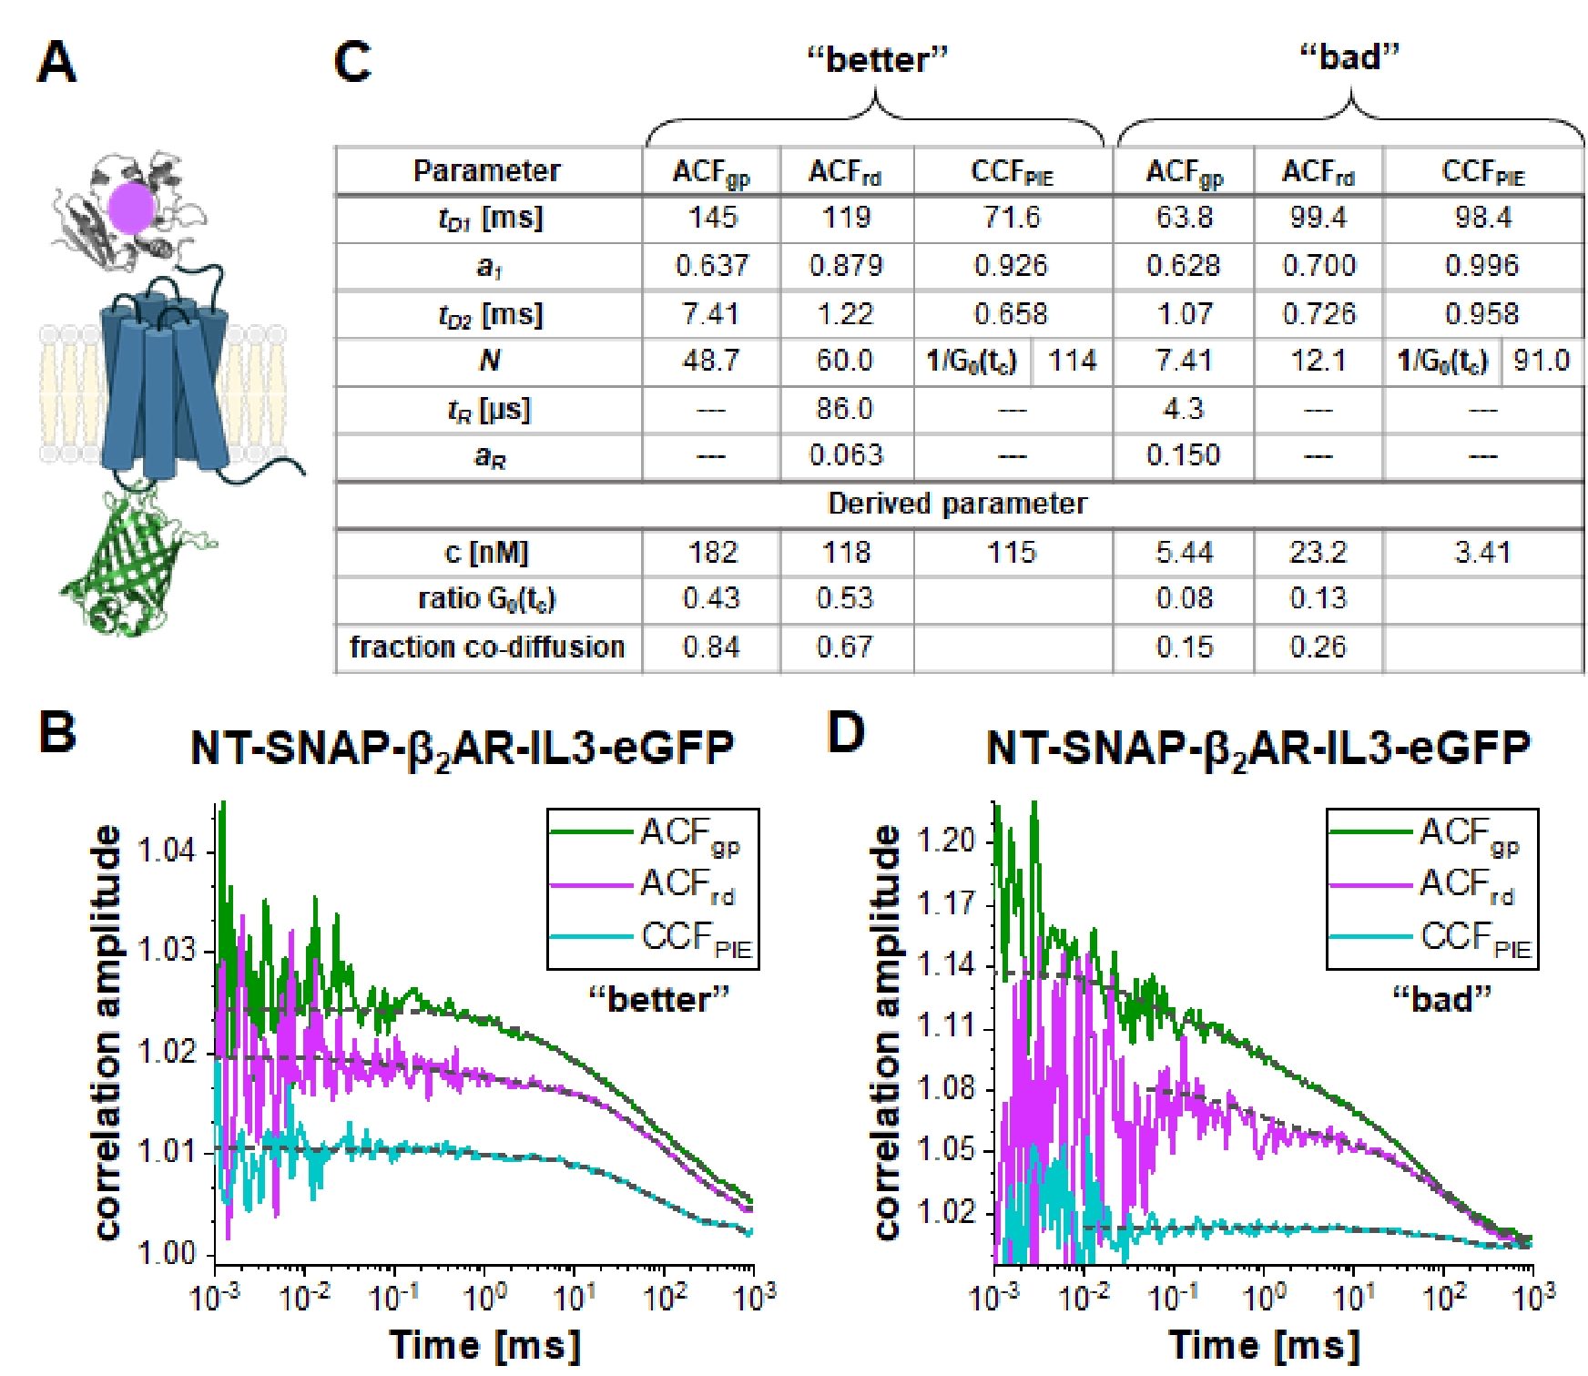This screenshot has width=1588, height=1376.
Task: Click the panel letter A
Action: tap(56, 64)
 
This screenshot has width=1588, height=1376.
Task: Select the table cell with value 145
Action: tap(711, 218)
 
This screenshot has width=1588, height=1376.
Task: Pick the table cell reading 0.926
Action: tap(1011, 266)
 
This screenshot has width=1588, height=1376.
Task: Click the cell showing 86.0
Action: tap(845, 409)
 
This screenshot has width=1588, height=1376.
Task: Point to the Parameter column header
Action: tap(487, 171)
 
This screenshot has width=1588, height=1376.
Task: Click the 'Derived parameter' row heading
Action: tap(957, 505)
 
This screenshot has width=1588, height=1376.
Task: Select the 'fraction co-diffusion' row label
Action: tap(487, 647)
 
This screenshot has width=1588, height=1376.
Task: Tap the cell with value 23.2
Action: tap(1318, 553)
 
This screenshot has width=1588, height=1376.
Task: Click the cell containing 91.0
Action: tap(1541, 361)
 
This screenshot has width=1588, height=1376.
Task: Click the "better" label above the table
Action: tap(877, 60)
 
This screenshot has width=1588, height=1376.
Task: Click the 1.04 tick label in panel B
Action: tap(166, 851)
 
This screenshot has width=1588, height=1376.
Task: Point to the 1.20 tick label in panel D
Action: tap(945, 839)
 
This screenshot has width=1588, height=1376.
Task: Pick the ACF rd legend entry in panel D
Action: tap(1467, 883)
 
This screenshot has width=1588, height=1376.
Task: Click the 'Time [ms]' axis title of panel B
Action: tap(484, 1344)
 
